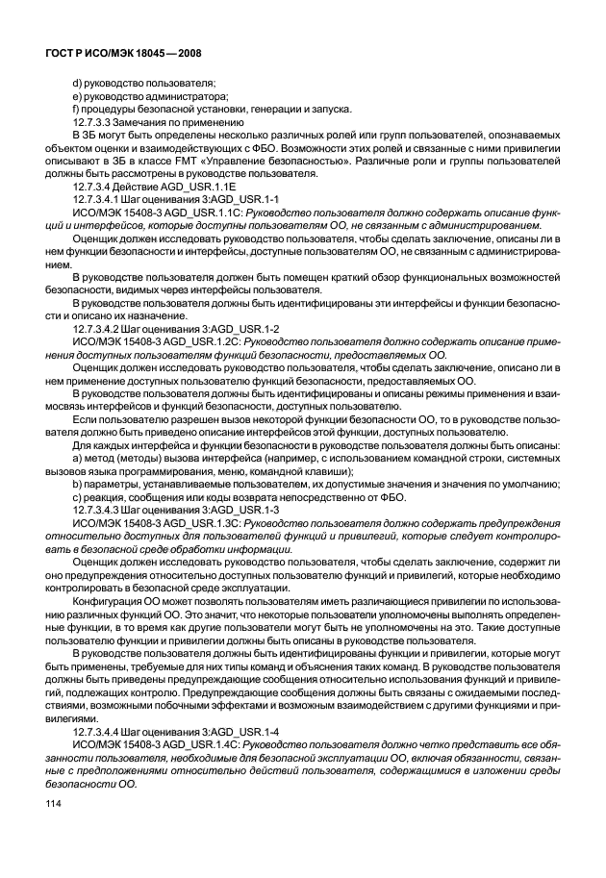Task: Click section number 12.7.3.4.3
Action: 105,510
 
